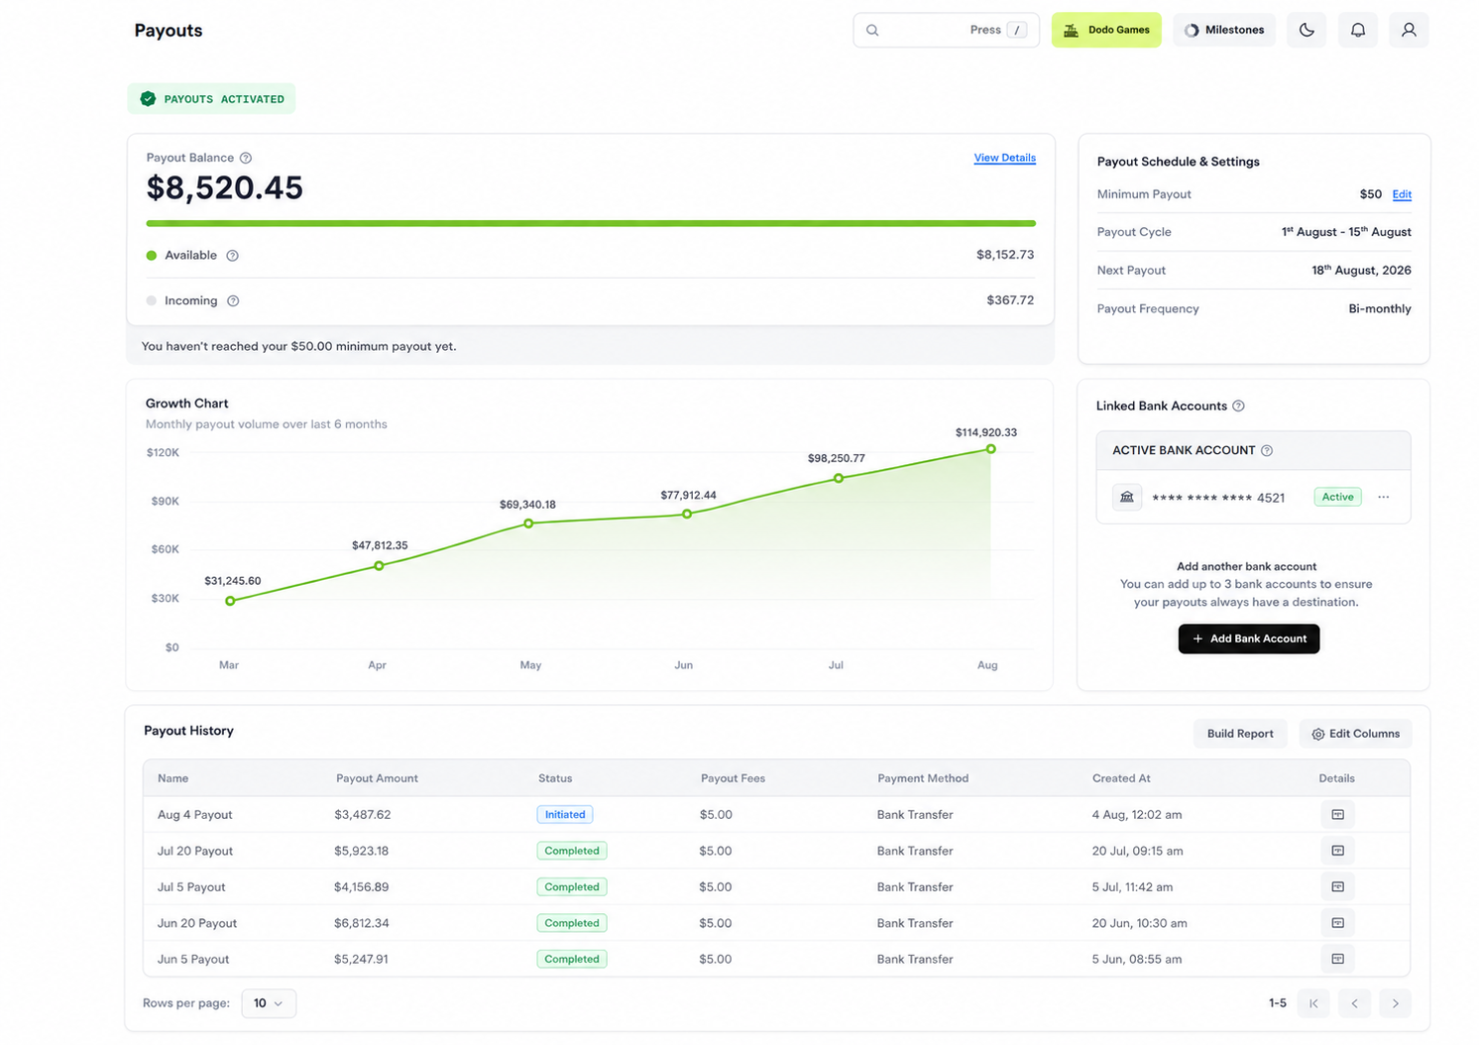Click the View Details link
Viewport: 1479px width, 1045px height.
tap(1004, 158)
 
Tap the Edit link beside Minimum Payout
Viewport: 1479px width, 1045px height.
tap(1402, 194)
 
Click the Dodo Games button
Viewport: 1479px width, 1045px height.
tap(1106, 30)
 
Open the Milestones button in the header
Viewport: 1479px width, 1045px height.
tap(1224, 30)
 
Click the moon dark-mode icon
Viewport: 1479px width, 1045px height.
tap(1307, 30)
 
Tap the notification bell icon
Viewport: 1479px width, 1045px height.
tap(1357, 30)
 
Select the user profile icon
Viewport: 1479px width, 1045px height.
tap(1409, 30)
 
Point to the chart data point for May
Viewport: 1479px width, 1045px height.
tap(528, 523)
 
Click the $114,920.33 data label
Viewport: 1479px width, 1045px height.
tap(985, 432)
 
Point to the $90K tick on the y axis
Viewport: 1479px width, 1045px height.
tap(166, 502)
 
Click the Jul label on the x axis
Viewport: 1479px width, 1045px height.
tap(836, 665)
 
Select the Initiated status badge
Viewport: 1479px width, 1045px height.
tap(564, 814)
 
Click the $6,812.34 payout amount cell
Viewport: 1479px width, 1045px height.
tap(361, 923)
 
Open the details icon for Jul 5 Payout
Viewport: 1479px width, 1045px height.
tap(1337, 886)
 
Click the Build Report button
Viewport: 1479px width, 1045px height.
tap(1240, 734)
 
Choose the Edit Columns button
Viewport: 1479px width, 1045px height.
tap(1355, 734)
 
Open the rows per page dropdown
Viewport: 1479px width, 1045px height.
tap(269, 1003)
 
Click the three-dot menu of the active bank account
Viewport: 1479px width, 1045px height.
tap(1383, 497)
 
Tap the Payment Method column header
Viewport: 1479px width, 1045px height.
tap(923, 778)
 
